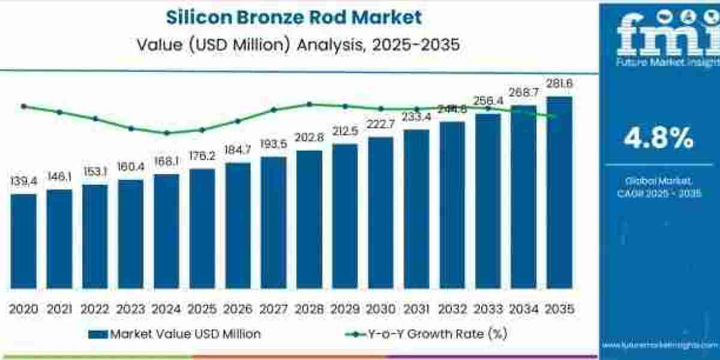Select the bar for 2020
pos(23,240)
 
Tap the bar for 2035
pos(559,192)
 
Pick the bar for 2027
pos(274,222)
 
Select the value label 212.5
pos(345,131)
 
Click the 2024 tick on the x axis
pos(166,309)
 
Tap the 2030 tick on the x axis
pos(380,309)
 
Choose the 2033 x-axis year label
pos(488,309)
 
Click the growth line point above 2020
pos(23,106)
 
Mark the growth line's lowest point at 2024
pos(166,133)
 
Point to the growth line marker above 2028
pos(309,104)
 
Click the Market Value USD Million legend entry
pos(175,334)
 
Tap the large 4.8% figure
pos(658,139)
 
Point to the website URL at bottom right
pos(658,346)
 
